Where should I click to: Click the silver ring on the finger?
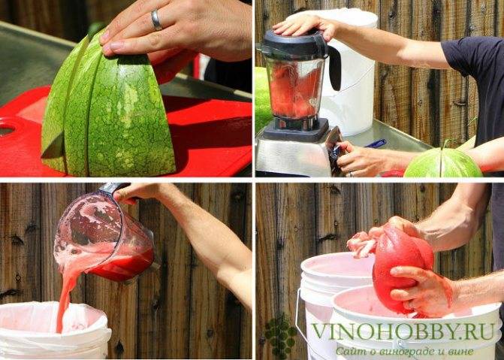(156, 20)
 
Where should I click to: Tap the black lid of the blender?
(295, 42)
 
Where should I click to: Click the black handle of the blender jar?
(334, 67)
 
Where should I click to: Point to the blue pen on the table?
(376, 144)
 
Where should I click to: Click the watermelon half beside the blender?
(443, 163)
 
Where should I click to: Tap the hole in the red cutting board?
(7, 130)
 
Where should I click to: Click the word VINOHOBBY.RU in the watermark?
(403, 331)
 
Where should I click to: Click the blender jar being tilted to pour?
(104, 234)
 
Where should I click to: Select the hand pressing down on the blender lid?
(303, 26)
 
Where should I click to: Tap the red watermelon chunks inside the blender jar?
(294, 90)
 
